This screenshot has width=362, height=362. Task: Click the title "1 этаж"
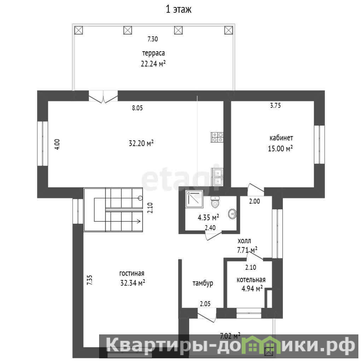[x=178, y=10]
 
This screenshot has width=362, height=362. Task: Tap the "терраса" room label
[x=153, y=53]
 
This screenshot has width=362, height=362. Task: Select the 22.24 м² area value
[x=153, y=63]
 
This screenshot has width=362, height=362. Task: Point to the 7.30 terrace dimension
[x=152, y=39]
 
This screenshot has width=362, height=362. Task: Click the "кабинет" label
[x=281, y=138]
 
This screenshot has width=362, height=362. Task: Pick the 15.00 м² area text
[x=280, y=148]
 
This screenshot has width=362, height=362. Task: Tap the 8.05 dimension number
[x=138, y=108]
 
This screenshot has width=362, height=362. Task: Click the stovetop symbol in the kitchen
[x=217, y=137]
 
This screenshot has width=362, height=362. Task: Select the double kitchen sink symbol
[x=217, y=177]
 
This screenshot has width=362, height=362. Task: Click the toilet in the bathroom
[x=215, y=202]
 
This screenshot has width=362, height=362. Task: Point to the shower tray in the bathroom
[x=195, y=199]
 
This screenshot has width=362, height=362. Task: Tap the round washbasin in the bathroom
[x=232, y=214]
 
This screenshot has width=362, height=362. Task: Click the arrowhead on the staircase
[x=138, y=221]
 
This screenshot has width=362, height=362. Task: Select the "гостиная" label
[x=132, y=273]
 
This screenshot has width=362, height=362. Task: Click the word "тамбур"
[x=203, y=283]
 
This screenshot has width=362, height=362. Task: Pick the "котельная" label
[x=251, y=280]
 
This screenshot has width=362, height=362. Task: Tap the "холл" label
[x=244, y=241]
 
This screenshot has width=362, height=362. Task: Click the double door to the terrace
[x=103, y=96]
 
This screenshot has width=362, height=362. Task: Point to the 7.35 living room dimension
[x=90, y=280]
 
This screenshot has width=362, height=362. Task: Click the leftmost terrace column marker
[x=78, y=30]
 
